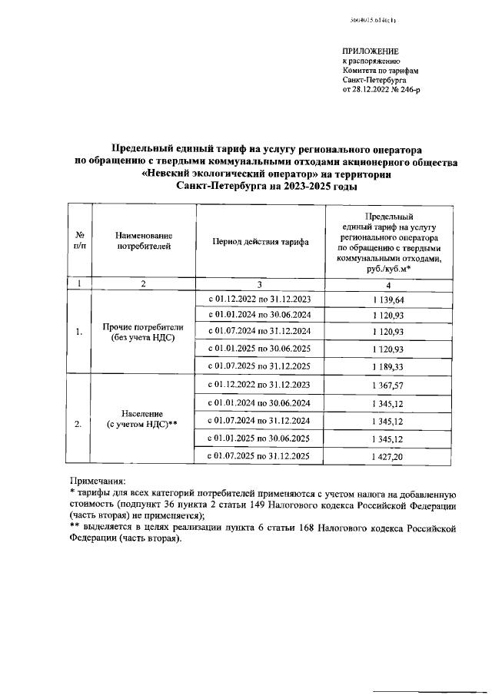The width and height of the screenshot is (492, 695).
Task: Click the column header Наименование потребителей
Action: pyautogui.click(x=143, y=240)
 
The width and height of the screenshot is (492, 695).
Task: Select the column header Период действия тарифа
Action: pyautogui.click(x=254, y=241)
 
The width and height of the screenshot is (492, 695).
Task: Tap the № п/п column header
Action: pyautogui.click(x=79, y=240)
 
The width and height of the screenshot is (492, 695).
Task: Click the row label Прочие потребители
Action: pyautogui.click(x=143, y=326)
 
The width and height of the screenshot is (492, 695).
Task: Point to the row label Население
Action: pyautogui.click(x=144, y=412)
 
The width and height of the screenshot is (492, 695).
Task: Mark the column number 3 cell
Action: pyautogui.click(x=254, y=283)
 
